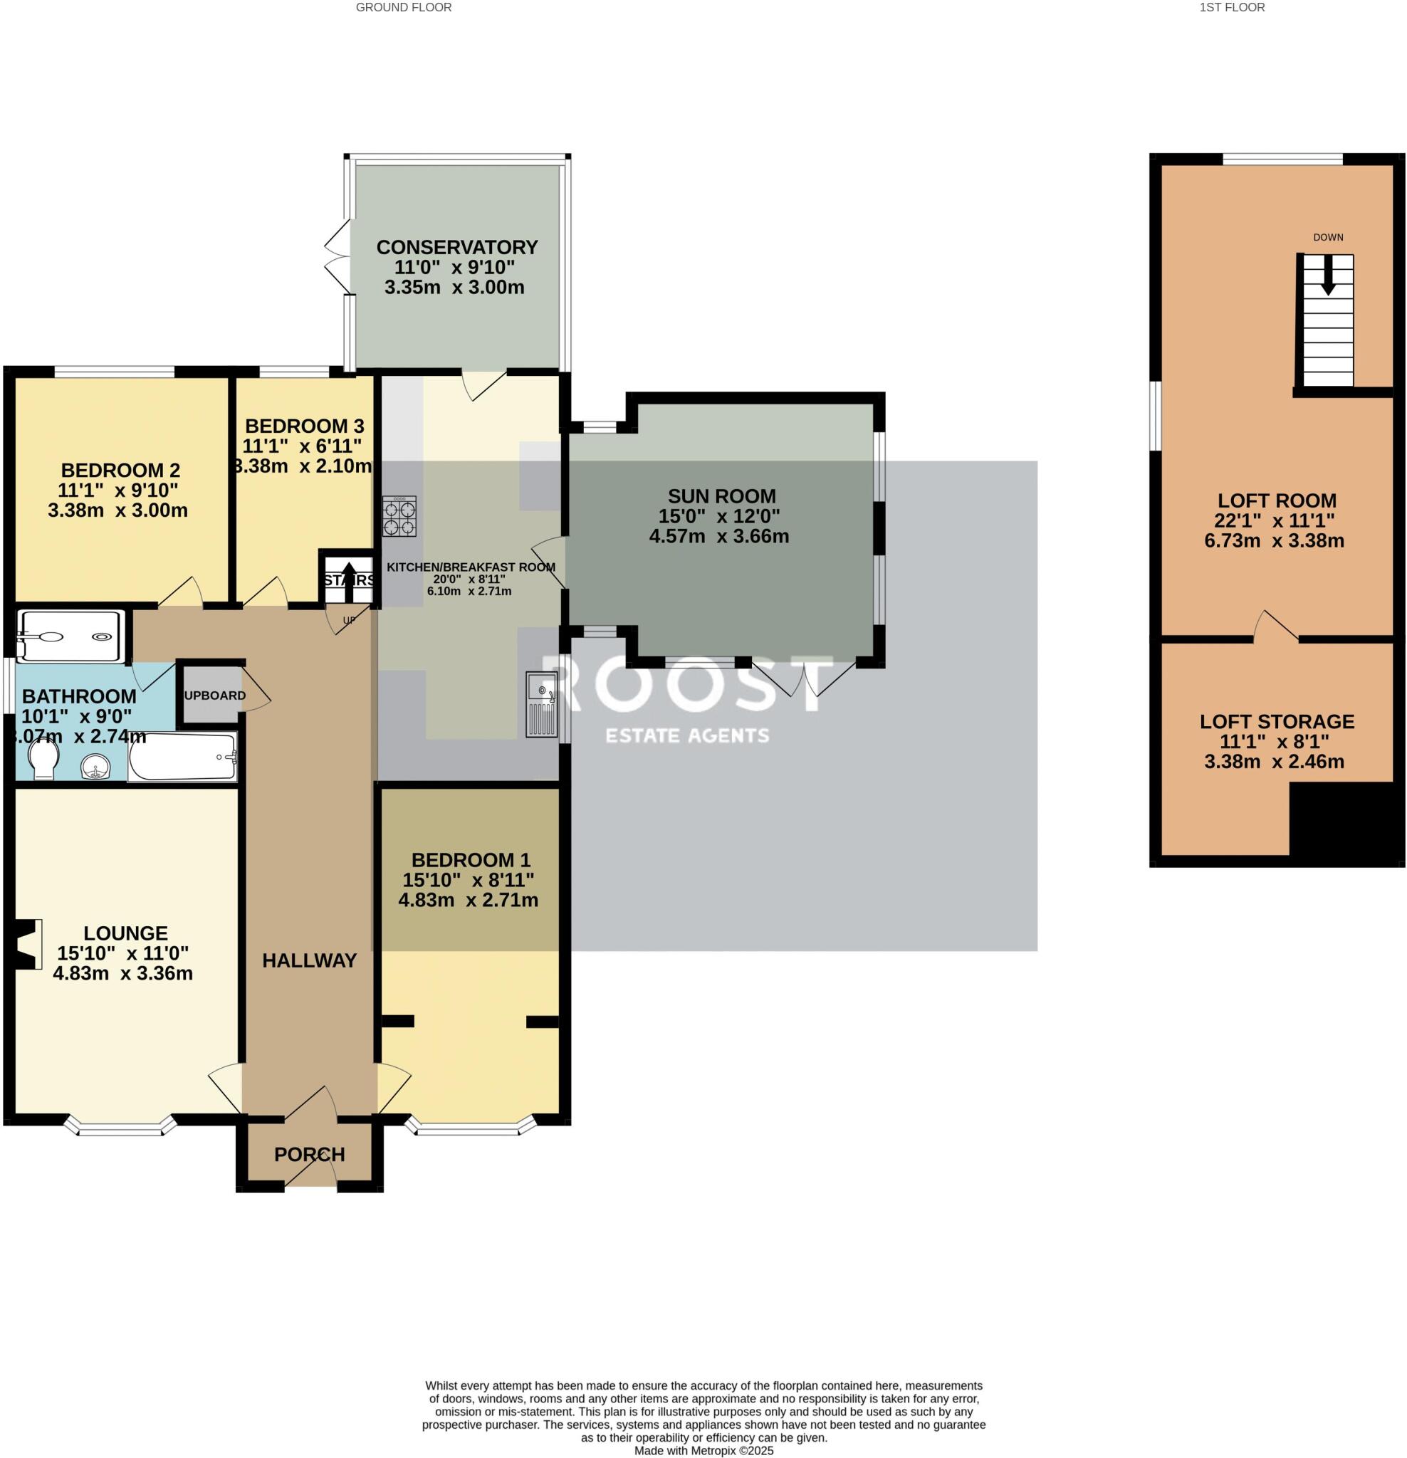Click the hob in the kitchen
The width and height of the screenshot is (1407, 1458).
(399, 516)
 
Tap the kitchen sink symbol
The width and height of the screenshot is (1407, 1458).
(542, 703)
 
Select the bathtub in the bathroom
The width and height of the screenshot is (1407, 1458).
(182, 757)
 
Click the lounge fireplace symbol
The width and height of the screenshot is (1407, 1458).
(27, 943)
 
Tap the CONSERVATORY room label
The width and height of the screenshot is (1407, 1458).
(456, 247)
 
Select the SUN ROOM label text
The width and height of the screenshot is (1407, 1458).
(721, 496)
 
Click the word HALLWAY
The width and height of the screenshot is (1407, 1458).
(309, 960)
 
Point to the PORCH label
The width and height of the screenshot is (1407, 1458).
(309, 1155)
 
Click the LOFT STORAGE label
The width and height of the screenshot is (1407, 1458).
(1276, 722)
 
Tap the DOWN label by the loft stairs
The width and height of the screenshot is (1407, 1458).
(1327, 237)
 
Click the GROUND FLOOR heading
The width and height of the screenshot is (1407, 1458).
(403, 7)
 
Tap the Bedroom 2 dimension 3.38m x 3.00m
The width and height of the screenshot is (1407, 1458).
(117, 510)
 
